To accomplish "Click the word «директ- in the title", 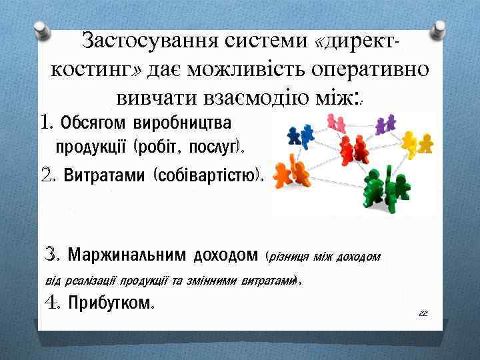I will click(x=359, y=43).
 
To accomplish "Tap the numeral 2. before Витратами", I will click(x=49, y=175).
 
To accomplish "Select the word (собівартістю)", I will click(x=209, y=175).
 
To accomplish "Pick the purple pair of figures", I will click(x=384, y=125).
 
